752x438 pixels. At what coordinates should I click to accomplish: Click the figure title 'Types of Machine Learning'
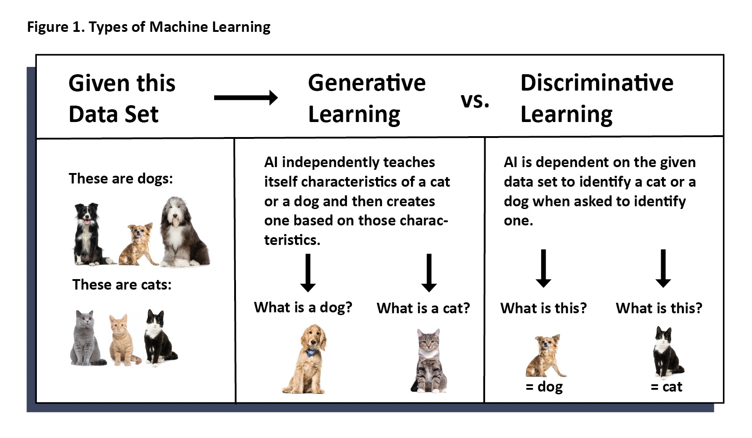180,27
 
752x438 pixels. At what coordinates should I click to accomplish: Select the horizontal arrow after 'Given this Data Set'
246,98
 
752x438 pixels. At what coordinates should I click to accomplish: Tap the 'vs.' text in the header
475,100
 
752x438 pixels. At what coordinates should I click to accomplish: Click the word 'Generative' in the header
366,83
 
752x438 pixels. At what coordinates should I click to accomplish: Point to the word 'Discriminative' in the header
597,83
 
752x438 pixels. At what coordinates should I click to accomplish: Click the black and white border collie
90,234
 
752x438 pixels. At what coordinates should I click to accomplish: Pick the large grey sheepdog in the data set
184,232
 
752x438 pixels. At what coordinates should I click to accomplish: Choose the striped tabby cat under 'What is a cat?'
429,360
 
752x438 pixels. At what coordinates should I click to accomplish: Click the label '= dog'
544,387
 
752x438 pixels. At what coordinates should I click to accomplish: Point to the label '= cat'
667,387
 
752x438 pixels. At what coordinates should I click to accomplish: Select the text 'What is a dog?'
303,307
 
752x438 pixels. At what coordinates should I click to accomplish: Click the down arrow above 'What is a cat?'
429,273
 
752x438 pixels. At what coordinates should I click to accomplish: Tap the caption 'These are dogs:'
121,178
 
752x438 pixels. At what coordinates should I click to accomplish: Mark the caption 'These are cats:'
122,285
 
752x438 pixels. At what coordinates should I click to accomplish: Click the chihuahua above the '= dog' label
546,356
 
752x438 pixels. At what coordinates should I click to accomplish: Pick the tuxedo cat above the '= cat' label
667,352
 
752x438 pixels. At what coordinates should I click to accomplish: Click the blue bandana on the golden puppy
311,351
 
